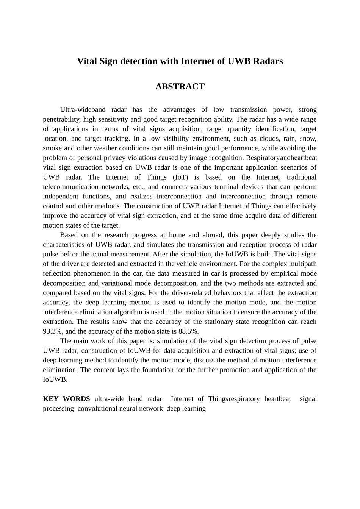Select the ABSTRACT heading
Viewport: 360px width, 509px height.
pos(180,87)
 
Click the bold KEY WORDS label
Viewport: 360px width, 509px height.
pos(66,399)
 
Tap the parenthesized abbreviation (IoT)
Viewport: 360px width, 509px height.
pos(180,177)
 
